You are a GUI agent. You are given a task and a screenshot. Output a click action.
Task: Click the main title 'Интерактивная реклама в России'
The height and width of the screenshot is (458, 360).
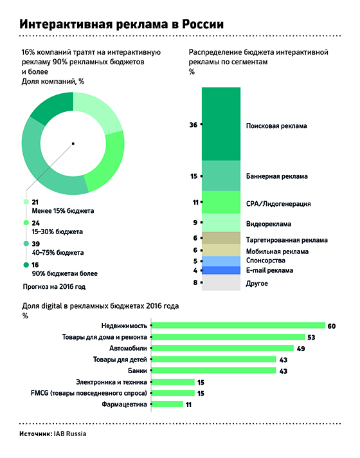[122, 24]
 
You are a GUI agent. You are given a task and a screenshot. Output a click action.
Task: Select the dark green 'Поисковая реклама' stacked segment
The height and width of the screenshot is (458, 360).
[221, 123]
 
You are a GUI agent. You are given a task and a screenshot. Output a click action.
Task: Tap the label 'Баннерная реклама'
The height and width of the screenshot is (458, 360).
[277, 176]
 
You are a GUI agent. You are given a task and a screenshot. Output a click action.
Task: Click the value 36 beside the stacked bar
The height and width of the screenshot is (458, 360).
[193, 125]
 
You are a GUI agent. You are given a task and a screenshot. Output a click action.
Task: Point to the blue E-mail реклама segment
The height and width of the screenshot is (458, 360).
[221, 271]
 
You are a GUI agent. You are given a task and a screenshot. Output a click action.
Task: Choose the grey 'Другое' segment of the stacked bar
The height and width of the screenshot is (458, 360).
[221, 283]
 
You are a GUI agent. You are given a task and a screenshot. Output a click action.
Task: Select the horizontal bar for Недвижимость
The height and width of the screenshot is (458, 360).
[241, 325]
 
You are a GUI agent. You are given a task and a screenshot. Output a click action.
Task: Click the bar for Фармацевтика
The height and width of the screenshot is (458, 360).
[169, 404]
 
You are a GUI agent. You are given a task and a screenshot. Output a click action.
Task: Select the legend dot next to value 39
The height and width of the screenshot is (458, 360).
[26, 244]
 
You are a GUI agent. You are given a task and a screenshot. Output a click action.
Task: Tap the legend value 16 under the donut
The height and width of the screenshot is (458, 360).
[35, 264]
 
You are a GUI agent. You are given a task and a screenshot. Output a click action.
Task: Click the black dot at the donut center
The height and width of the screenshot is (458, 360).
[74, 143]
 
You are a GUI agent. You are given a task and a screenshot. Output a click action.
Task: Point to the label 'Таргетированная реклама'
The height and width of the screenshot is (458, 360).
[287, 239]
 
